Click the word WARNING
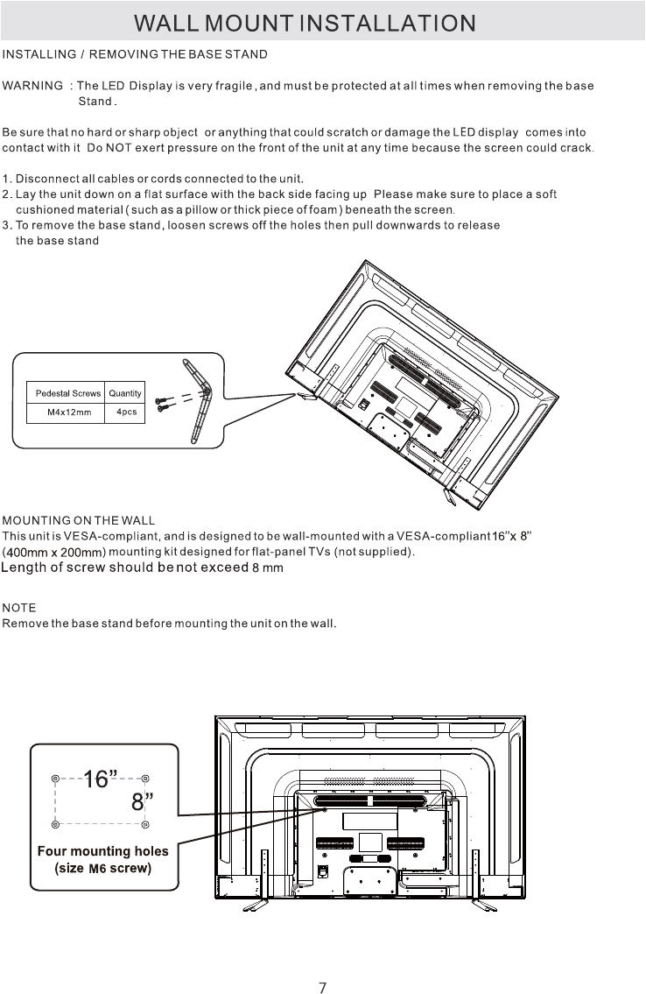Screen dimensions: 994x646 pos(33,86)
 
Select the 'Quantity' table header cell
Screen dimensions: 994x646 pos(125,394)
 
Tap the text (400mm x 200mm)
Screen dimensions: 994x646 pos(54,553)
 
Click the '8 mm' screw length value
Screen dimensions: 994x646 pos(267,568)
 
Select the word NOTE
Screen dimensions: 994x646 pos(19,607)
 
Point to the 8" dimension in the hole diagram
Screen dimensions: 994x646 pos(143,801)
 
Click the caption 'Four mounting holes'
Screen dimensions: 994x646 pos(102,851)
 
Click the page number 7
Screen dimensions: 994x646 pos(323,963)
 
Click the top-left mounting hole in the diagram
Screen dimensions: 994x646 pos(55,778)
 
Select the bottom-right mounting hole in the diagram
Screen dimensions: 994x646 pos(145,824)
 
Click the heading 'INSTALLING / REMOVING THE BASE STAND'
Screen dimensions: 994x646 pos(135,55)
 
